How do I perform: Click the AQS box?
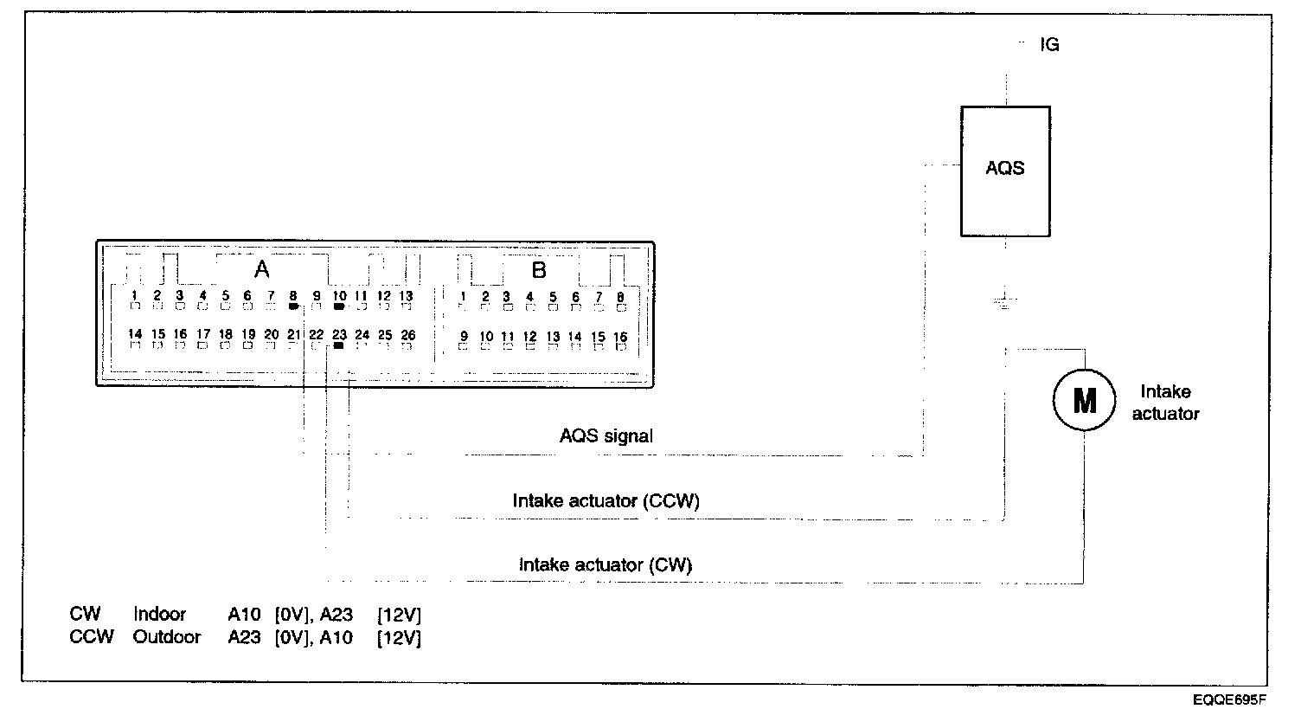(x=1005, y=171)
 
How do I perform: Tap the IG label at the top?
(x=1049, y=45)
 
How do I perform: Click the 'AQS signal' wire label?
(x=606, y=436)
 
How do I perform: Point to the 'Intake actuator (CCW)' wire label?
(x=606, y=501)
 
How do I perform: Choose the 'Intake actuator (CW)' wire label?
(x=606, y=565)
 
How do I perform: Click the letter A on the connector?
(x=261, y=270)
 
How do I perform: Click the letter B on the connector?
(x=539, y=270)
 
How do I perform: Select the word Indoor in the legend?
(x=160, y=615)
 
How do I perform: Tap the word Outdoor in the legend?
(x=167, y=637)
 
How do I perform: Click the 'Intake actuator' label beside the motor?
(x=1165, y=403)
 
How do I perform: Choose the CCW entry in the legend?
(x=92, y=637)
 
